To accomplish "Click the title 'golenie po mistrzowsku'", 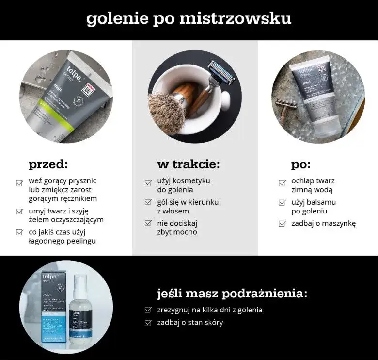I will pos(189,18).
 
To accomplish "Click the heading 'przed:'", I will pos(49,164).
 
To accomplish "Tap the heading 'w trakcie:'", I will pos(189,164).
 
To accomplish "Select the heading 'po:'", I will pos(301,164).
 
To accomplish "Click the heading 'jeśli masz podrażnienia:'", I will pos(232,294).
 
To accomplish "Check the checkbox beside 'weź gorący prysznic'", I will pos(19,183).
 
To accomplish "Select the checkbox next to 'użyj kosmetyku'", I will pos(148,183).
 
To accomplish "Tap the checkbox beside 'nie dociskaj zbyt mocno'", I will pos(148,224).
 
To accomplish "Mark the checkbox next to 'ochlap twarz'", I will pos(282,183).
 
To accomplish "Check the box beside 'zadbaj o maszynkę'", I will pos(282,224).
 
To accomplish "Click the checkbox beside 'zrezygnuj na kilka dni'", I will pos(148,310).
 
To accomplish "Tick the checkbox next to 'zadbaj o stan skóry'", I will pos(148,323).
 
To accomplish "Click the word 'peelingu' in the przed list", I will pos(79,241).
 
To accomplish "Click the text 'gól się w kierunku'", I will pos(188,202).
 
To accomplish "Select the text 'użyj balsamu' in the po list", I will pos(314,202).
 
